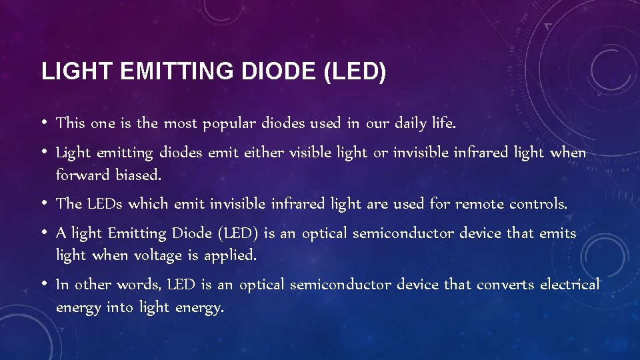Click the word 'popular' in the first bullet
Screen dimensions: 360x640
point(229,124)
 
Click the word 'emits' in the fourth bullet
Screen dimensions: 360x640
point(557,233)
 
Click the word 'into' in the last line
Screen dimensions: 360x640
point(120,307)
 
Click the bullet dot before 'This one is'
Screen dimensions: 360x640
point(44,123)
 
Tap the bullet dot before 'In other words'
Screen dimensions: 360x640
point(44,285)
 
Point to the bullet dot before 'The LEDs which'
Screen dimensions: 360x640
point(44,203)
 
